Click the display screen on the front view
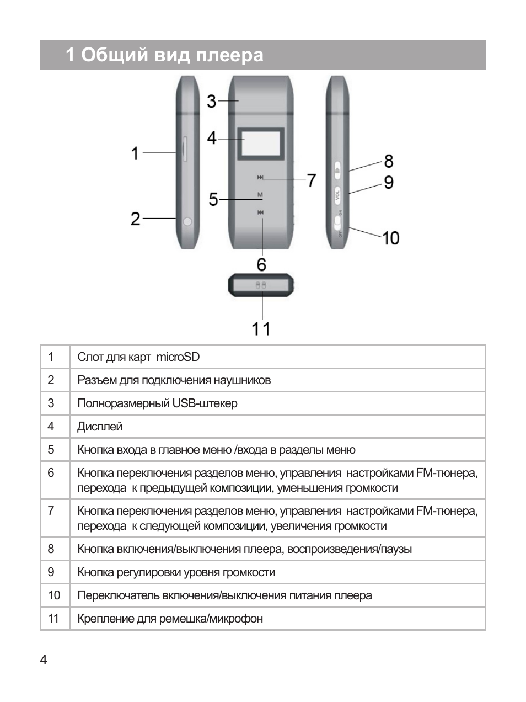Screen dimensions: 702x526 (261, 143)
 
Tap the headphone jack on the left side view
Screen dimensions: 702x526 (187, 221)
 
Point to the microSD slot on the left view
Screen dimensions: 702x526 (185, 149)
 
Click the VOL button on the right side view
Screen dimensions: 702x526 (338, 195)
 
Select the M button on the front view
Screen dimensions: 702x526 (260, 195)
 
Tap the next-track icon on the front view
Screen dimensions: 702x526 (260, 177)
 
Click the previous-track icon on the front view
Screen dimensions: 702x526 (260, 212)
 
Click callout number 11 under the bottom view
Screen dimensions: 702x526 (261, 329)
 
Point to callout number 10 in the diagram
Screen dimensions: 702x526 (390, 238)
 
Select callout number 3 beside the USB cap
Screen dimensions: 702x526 (211, 102)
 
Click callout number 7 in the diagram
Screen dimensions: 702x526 (312, 180)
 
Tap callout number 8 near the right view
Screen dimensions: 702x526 (389, 161)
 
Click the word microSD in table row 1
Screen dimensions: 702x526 (178, 357)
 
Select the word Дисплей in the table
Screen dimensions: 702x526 (100, 427)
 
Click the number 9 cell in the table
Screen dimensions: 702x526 (51, 572)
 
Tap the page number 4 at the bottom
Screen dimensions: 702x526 (44, 660)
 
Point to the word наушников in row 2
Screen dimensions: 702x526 (243, 380)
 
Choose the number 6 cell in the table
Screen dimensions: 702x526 (51, 473)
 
